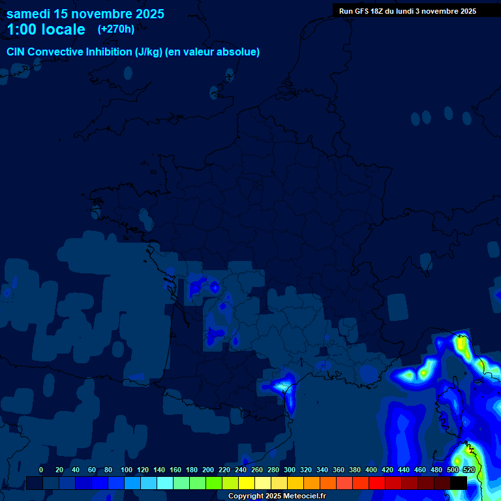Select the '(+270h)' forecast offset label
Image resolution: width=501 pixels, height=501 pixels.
coord(115,29)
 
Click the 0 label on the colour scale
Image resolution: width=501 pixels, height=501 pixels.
coord(41,470)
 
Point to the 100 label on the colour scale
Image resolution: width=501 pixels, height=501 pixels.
coord(126,470)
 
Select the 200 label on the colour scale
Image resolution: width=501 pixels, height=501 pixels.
coord(208,470)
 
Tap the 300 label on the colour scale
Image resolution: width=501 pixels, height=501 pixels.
coord(290,470)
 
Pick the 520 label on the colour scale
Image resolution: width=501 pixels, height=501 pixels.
coord(468,470)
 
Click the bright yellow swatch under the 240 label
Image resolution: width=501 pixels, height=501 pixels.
coord(247,483)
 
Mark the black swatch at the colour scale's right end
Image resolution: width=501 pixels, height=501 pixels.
coord(459,483)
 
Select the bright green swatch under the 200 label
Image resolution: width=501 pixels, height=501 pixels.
coord(214,483)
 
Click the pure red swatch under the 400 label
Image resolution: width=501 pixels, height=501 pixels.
coord(377,483)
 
